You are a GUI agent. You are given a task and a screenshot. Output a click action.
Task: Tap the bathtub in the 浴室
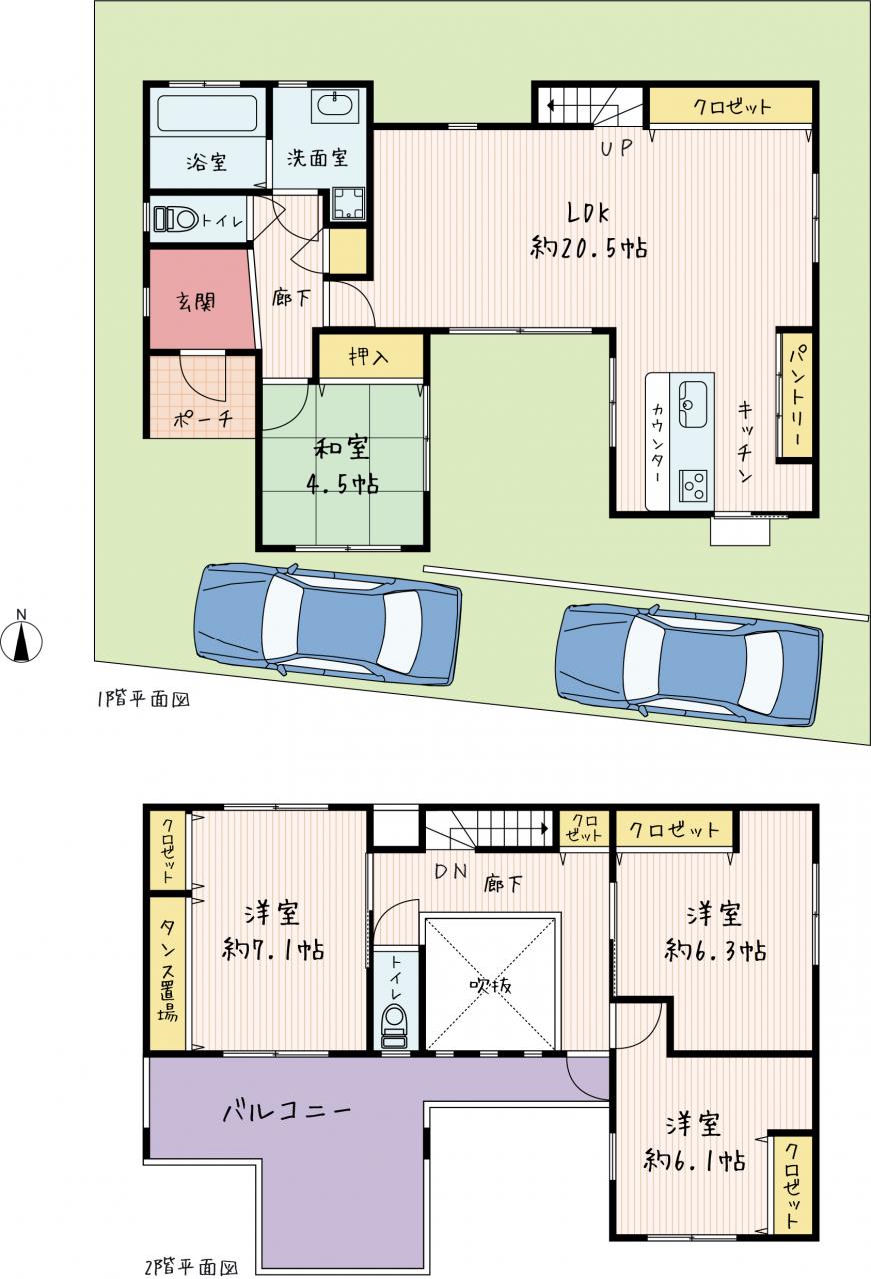[x=207, y=113]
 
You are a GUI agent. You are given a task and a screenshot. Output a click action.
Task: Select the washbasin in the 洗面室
[x=335, y=105]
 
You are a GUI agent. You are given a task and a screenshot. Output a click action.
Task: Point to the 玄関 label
[x=196, y=301]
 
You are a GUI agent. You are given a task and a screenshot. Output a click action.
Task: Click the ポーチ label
[x=202, y=420]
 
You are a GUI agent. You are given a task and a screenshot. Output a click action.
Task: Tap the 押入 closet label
[x=369, y=357]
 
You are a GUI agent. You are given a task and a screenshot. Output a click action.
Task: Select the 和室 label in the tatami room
[x=341, y=449]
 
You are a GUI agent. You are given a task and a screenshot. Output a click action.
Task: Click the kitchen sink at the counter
[x=693, y=403]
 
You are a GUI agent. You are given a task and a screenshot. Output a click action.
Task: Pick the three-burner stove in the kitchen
[x=693, y=486]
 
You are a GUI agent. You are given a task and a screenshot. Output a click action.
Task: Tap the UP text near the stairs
[x=617, y=148]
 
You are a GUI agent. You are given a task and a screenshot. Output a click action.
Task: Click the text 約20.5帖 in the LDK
[x=589, y=248]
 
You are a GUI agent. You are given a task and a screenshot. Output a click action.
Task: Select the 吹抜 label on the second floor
[x=490, y=985]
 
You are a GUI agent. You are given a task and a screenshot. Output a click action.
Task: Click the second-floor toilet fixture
[x=394, y=1028]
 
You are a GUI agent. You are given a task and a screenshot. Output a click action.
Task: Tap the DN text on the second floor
[x=451, y=871]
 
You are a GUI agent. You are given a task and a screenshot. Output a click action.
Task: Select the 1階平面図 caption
[x=143, y=699]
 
